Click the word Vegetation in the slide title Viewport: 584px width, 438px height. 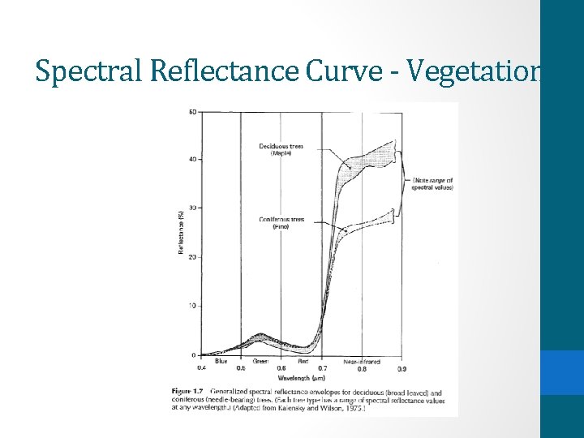473,71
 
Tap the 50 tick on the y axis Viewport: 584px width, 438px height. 192,111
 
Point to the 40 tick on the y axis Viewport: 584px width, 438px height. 192,159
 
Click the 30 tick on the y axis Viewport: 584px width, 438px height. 192,208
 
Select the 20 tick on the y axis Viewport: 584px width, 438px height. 192,257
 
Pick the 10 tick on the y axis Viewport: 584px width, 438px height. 192,306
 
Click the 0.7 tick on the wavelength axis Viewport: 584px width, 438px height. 322,369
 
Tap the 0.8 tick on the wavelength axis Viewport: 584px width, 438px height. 361,369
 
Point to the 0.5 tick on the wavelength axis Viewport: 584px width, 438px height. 241,369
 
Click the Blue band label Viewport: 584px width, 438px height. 221,361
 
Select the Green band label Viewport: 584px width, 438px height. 260,361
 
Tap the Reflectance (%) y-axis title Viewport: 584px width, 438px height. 181,232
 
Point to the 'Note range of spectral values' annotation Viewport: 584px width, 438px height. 432,183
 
